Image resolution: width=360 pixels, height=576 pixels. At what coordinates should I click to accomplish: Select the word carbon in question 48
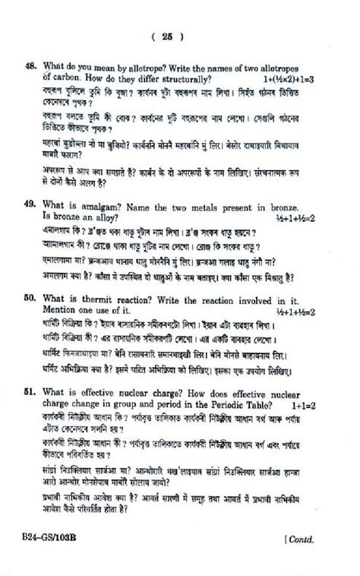59,78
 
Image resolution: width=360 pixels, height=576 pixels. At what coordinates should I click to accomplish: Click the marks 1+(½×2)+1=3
289,79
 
